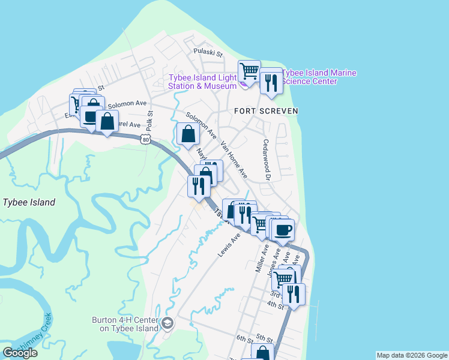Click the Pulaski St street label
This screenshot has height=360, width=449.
click(x=208, y=53)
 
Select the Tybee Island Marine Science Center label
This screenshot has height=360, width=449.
click(x=319, y=77)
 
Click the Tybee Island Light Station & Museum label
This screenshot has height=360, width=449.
click(x=202, y=82)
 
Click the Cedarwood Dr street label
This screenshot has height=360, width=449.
click(x=267, y=160)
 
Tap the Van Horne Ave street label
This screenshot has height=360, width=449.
click(x=234, y=160)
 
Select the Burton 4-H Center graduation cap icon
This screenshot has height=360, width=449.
click(x=167, y=324)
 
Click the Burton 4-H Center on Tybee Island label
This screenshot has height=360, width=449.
click(x=125, y=324)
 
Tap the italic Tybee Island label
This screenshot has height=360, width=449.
click(x=29, y=202)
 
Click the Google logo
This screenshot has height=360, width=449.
click(x=20, y=353)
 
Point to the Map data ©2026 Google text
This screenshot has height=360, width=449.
click(x=411, y=355)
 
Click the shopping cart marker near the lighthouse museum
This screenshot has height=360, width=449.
click(x=249, y=71)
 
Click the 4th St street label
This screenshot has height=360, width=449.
click(x=276, y=305)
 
